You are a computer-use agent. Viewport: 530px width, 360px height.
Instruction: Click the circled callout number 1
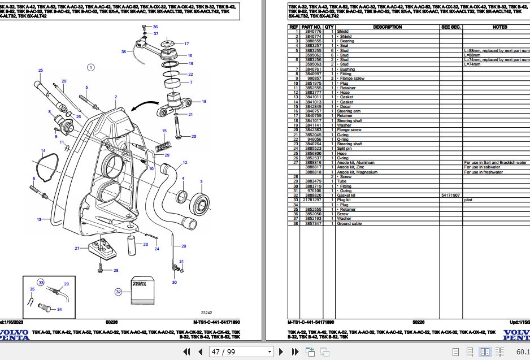[x=90, y=68]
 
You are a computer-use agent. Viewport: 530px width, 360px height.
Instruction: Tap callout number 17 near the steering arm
[x=186, y=44]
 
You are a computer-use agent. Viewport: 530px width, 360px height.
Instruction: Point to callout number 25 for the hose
[x=40, y=70]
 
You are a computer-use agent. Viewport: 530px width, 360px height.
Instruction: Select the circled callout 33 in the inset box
[x=41, y=282]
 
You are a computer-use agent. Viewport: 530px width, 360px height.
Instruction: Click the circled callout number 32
[x=118, y=292]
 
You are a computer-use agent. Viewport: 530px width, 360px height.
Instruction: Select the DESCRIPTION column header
[x=388, y=27]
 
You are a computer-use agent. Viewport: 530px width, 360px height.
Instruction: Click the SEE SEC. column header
[x=451, y=27]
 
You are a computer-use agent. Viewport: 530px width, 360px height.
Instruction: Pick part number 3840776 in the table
[x=311, y=32]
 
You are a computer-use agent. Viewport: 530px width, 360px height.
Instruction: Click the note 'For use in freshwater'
[x=483, y=172]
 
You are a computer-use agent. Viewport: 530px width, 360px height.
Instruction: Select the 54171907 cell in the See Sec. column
[x=451, y=196]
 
